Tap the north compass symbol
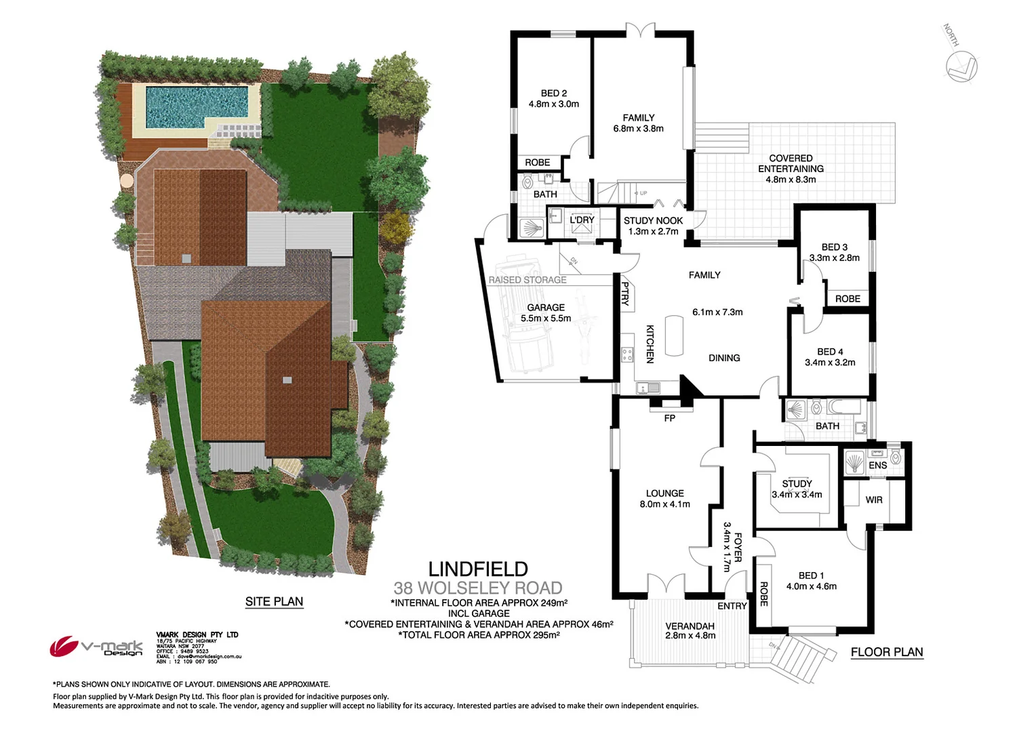[x=961, y=66]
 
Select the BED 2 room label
[x=553, y=94]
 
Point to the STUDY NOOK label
[x=653, y=220]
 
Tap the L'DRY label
[x=582, y=220]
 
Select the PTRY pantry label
[x=625, y=293]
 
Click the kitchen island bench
[x=674, y=335]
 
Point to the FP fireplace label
[x=670, y=418]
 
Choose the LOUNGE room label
[x=664, y=493]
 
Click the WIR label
[x=874, y=500]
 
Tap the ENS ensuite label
[x=877, y=465]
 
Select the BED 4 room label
[x=830, y=352]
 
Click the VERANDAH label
[x=690, y=626]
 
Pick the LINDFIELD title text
[x=478, y=569]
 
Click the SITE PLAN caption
[x=274, y=601]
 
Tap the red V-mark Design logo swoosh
[x=64, y=646]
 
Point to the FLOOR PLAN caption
[x=887, y=652]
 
